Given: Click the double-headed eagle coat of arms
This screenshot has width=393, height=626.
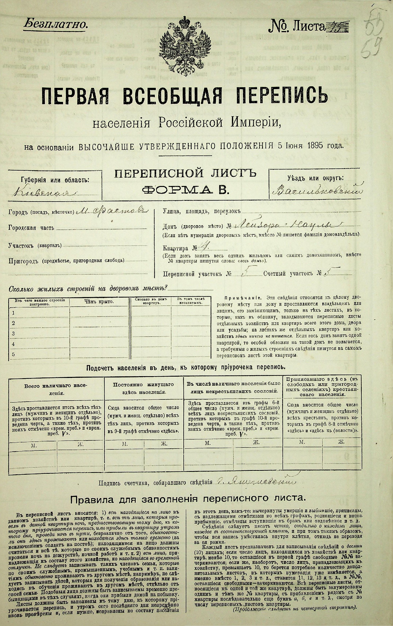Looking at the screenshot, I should (x=186, y=44).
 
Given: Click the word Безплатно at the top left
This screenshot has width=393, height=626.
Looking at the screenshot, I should (x=56, y=24).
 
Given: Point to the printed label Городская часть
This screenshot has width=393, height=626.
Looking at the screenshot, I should (x=31, y=228).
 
